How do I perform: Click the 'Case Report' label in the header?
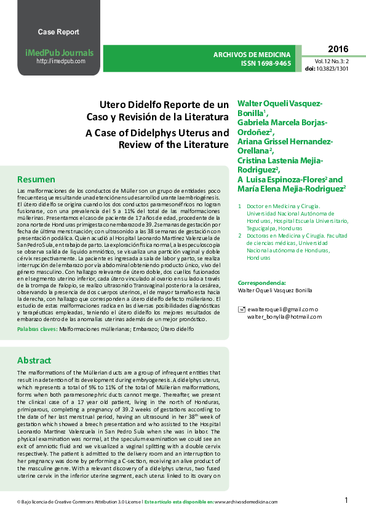[x=58, y=32]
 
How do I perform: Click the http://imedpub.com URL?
[x=61, y=61]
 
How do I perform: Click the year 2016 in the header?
[x=338, y=49]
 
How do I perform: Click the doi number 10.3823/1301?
[x=336, y=69]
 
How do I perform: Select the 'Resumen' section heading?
[x=36, y=179]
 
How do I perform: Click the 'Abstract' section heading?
[x=34, y=360]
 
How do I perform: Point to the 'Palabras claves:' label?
[x=37, y=329]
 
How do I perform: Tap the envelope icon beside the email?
[x=241, y=309]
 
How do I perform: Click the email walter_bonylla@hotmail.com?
[x=282, y=316]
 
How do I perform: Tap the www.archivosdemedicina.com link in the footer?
[x=246, y=502]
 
